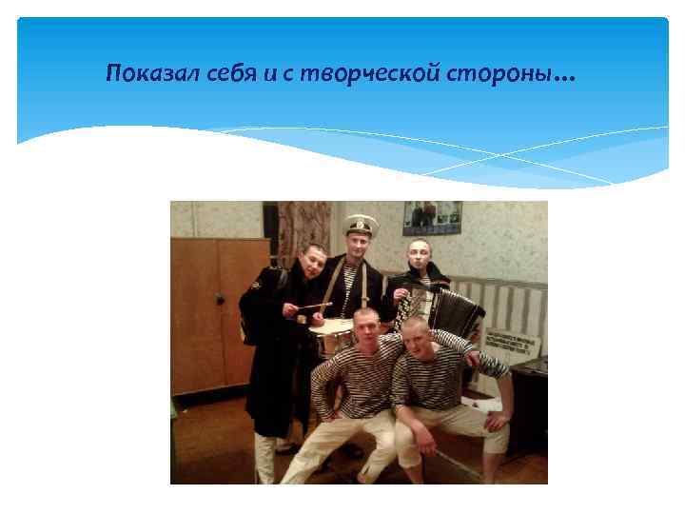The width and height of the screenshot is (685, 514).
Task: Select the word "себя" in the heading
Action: tap(229, 74)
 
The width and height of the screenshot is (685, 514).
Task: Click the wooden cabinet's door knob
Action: tap(220, 299)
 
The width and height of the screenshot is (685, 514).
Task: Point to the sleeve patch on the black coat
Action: tap(255, 283)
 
